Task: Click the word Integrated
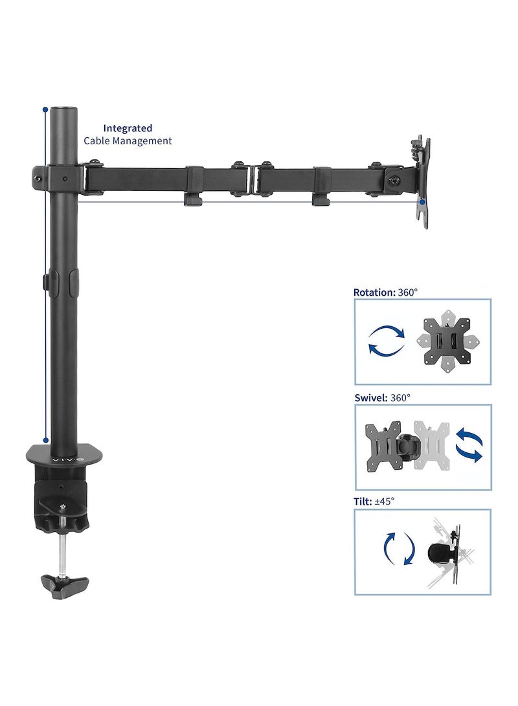click(x=128, y=128)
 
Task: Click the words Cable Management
click(x=128, y=140)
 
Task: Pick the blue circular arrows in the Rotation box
click(x=387, y=340)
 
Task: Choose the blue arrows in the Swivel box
click(x=469, y=447)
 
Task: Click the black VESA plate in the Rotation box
click(x=447, y=342)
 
